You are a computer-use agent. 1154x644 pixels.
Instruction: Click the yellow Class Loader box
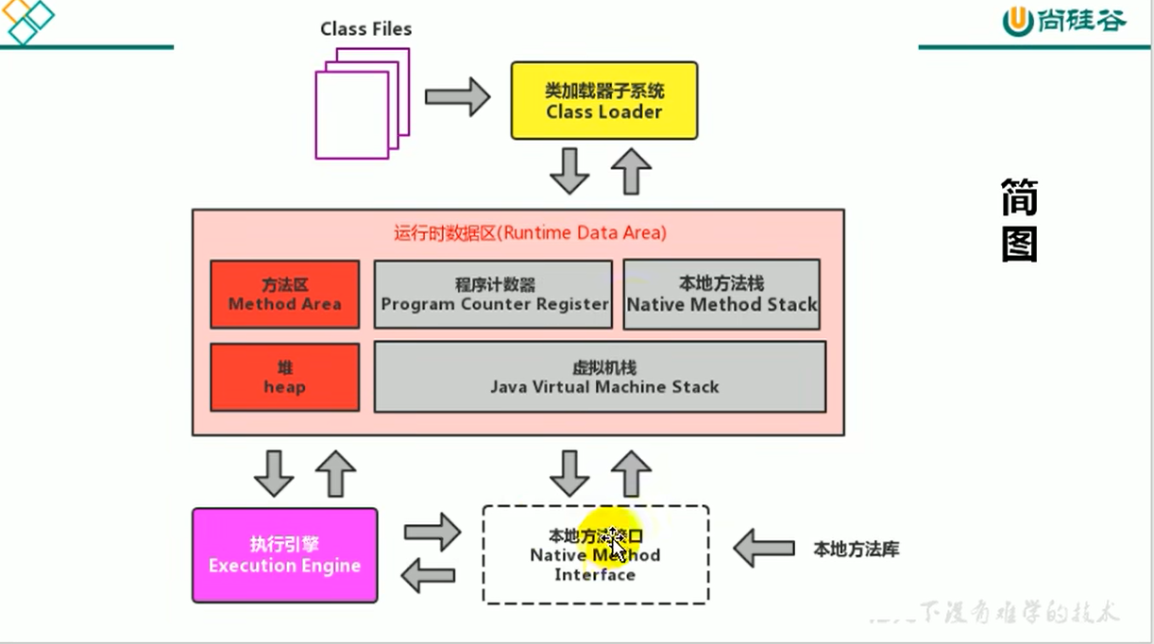click(604, 101)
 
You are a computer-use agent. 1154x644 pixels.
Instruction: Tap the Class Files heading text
click(366, 29)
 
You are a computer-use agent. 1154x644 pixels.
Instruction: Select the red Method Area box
click(284, 295)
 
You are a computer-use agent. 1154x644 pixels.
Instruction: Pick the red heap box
click(284, 377)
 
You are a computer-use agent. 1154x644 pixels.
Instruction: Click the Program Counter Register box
click(493, 295)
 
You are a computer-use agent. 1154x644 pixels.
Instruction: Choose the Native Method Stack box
click(721, 295)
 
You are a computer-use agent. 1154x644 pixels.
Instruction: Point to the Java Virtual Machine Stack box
click(600, 377)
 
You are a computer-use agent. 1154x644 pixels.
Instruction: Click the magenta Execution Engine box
click(284, 555)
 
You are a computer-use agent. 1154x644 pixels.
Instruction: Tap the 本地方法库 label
click(856, 549)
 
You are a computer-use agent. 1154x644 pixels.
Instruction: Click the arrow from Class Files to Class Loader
click(457, 96)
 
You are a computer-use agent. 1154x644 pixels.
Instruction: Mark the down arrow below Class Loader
click(569, 171)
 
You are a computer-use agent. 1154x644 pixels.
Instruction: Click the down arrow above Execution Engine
click(275, 473)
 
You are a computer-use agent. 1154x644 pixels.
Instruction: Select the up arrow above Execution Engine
click(334, 473)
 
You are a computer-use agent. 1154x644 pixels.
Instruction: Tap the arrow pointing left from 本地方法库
click(764, 548)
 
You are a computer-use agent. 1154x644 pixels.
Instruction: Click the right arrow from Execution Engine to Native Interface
click(432, 532)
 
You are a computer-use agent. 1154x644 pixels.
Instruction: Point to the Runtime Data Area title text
click(530, 232)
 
